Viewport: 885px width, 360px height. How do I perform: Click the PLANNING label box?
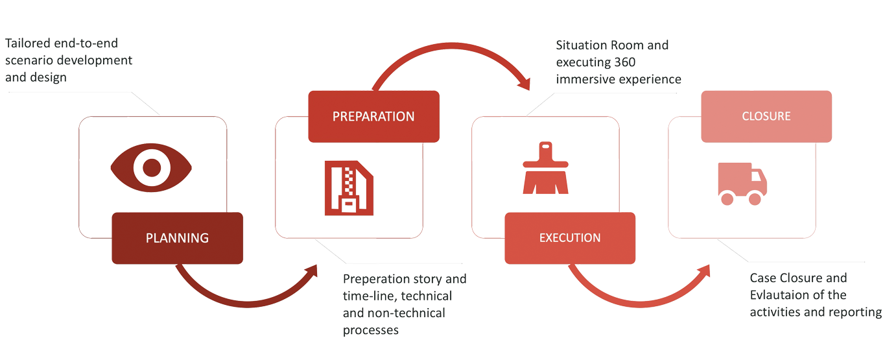pos(177,237)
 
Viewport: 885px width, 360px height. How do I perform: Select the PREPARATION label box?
pos(373,117)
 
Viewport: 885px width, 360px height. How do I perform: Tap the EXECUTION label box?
pos(569,237)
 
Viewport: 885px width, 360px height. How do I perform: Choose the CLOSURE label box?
pos(766,117)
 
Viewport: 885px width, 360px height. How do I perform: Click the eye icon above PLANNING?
pos(151,168)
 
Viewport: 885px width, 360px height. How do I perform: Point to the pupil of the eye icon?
pos(151,168)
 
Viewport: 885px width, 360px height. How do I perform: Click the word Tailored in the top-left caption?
pos(25,44)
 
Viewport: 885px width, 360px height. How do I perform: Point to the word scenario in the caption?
pos(28,61)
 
